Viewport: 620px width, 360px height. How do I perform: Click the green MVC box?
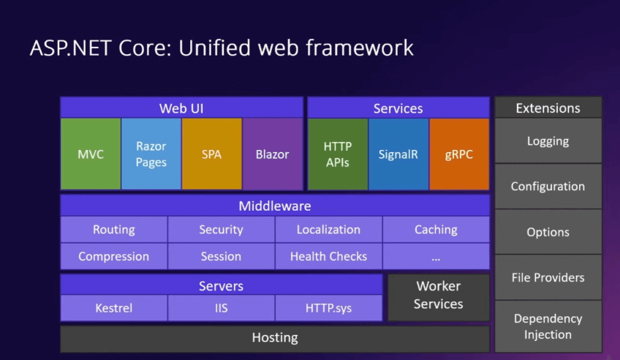91,154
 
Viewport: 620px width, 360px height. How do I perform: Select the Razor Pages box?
151,154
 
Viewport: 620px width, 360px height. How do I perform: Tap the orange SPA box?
212,154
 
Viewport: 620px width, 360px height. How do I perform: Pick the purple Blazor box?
273,154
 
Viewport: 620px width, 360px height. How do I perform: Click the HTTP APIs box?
338,154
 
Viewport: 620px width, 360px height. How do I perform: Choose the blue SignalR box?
398,154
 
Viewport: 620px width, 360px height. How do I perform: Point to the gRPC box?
459,154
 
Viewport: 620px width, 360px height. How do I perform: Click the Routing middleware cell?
114,230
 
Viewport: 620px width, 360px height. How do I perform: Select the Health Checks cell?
328,257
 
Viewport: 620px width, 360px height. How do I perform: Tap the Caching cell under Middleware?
436,230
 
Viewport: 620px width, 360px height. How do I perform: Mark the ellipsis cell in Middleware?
436,257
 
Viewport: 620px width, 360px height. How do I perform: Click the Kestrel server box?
114,308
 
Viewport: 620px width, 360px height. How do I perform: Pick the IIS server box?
221,308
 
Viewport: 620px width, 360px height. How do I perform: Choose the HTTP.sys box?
328,308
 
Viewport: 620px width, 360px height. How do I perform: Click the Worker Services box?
438,296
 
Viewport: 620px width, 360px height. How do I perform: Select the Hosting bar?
275,338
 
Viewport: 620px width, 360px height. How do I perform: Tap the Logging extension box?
548,141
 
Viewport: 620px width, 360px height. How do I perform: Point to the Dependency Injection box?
548,326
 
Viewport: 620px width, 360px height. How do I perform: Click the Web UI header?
181,108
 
